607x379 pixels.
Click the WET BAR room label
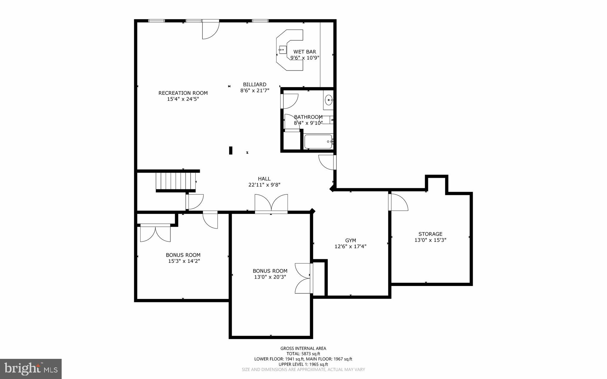[305, 52]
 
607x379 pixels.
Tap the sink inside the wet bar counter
[282, 50]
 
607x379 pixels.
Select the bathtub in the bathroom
[318, 142]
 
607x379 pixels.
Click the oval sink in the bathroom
[328, 100]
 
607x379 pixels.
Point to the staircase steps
[175, 181]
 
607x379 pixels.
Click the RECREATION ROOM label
[183, 93]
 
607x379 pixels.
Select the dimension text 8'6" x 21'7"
[255, 91]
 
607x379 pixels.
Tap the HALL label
[264, 179]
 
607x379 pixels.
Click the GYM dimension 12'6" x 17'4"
[350, 246]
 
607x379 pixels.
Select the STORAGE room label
[430, 234]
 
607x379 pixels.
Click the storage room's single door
[399, 202]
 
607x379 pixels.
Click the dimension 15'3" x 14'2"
[184, 261]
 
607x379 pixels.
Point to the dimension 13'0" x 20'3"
[270, 277]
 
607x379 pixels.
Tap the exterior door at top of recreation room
[210, 30]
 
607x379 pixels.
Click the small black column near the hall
[231, 151]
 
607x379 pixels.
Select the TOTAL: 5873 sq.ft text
[303, 354]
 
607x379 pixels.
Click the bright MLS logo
[31, 369]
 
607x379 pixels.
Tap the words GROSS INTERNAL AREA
[303, 348]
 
